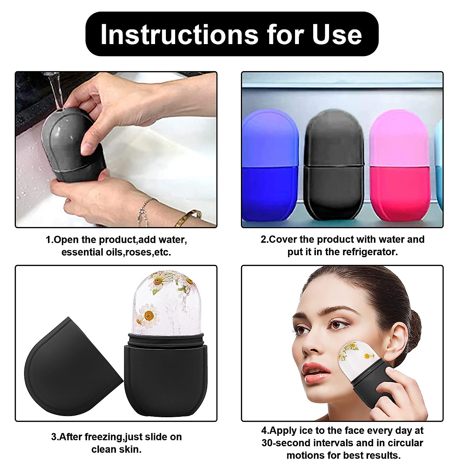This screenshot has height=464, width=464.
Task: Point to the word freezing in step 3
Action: coord(102,437)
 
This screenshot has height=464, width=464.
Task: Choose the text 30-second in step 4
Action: coord(287,443)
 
